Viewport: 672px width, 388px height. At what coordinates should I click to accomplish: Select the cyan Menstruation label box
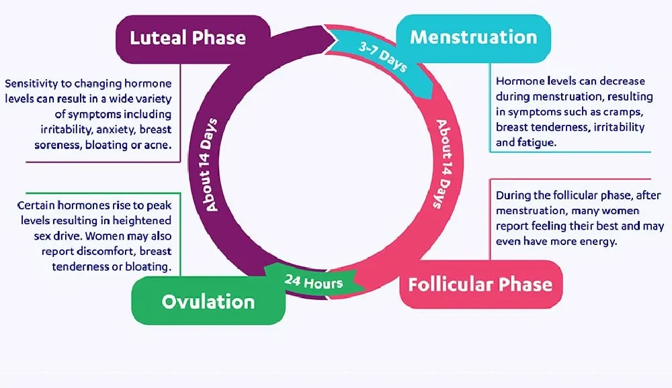point(473,36)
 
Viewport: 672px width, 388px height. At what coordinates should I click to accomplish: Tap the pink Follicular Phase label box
point(480,284)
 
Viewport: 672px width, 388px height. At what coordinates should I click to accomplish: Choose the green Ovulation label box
point(208,301)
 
